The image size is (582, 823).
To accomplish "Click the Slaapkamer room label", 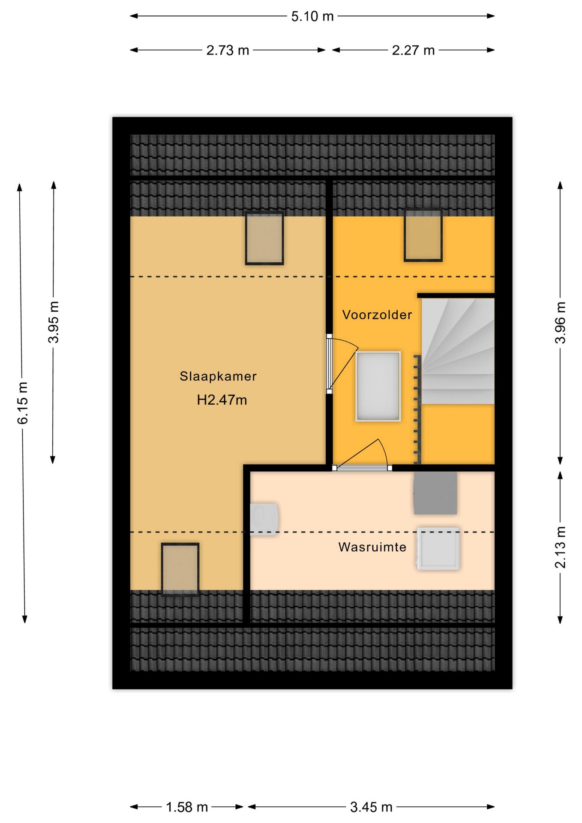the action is coord(218,376).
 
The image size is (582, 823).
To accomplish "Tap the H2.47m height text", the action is coord(222,400).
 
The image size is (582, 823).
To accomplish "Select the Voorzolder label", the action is coord(377,315).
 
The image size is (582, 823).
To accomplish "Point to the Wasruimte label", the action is coord(372,547).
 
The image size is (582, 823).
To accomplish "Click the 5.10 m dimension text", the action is coord(312,16).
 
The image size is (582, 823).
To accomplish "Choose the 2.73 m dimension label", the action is coord(228,50).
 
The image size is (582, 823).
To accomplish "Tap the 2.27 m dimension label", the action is coord(413,50).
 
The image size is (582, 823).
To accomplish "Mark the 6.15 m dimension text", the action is coord(22,403).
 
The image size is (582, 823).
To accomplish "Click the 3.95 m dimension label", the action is coord(54,322).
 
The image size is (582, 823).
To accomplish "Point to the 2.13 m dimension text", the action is coord(560,547).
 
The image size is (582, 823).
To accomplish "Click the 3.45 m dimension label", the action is coord(371,807).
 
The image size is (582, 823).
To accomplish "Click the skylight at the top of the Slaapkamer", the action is coord(264,238).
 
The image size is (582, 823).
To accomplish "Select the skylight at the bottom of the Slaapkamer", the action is coord(180,569).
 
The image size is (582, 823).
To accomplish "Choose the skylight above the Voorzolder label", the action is coord(423,235).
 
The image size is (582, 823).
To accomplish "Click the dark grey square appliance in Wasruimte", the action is coord(435,493).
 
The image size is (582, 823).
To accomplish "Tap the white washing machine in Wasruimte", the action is coord(438,549).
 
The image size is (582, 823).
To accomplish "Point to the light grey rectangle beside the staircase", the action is coord(378,386).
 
